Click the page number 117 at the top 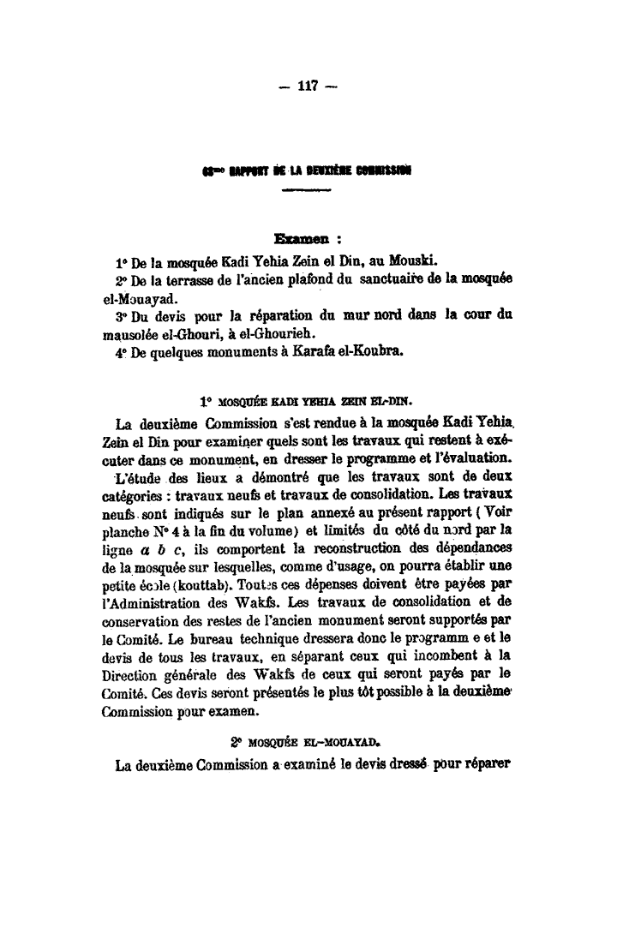pos(308,86)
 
